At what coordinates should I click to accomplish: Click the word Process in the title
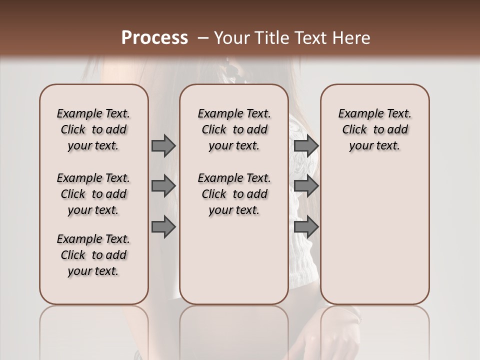(154, 38)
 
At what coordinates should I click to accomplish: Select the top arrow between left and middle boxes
(163, 145)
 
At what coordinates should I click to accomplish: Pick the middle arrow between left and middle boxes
(163, 186)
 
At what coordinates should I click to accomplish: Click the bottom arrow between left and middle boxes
(163, 227)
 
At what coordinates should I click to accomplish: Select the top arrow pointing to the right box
(306, 145)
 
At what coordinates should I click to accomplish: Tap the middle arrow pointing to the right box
(306, 186)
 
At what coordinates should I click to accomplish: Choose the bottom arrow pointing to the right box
(306, 227)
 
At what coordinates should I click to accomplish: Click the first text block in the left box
(93, 129)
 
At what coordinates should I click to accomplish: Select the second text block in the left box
(93, 194)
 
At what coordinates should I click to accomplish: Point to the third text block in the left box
(93, 255)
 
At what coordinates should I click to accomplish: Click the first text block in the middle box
(234, 129)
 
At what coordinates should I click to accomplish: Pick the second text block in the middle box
(234, 194)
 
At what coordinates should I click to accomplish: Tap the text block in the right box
(374, 129)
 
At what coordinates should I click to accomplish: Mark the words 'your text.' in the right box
(374, 146)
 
